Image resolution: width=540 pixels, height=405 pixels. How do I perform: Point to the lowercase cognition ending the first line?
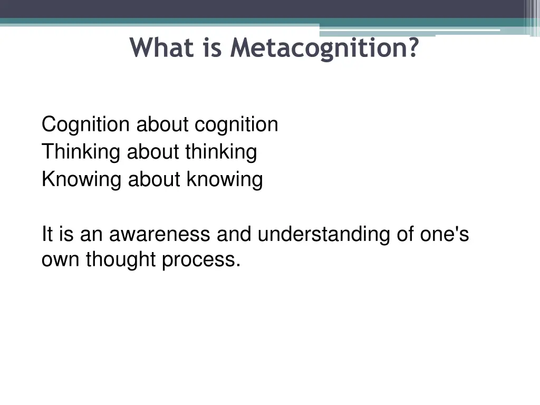pos(236,125)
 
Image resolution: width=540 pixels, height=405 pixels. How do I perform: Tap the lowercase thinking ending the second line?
pos(221,152)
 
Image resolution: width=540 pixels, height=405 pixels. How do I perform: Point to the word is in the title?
pos(210,48)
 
